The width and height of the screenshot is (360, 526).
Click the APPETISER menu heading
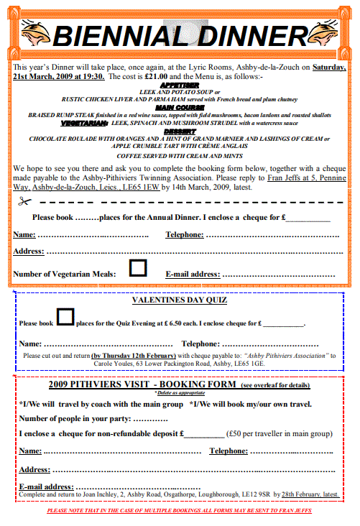(x=180, y=85)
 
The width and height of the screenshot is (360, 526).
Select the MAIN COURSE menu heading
(x=180, y=107)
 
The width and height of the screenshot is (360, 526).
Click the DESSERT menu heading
(x=180, y=130)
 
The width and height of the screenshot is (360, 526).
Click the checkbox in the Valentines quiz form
(x=65, y=316)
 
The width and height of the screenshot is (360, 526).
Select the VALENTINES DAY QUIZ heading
(x=180, y=300)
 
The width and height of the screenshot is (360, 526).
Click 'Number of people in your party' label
(x=74, y=418)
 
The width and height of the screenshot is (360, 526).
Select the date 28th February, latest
(x=309, y=495)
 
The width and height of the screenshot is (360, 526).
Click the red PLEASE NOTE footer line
(x=180, y=511)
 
